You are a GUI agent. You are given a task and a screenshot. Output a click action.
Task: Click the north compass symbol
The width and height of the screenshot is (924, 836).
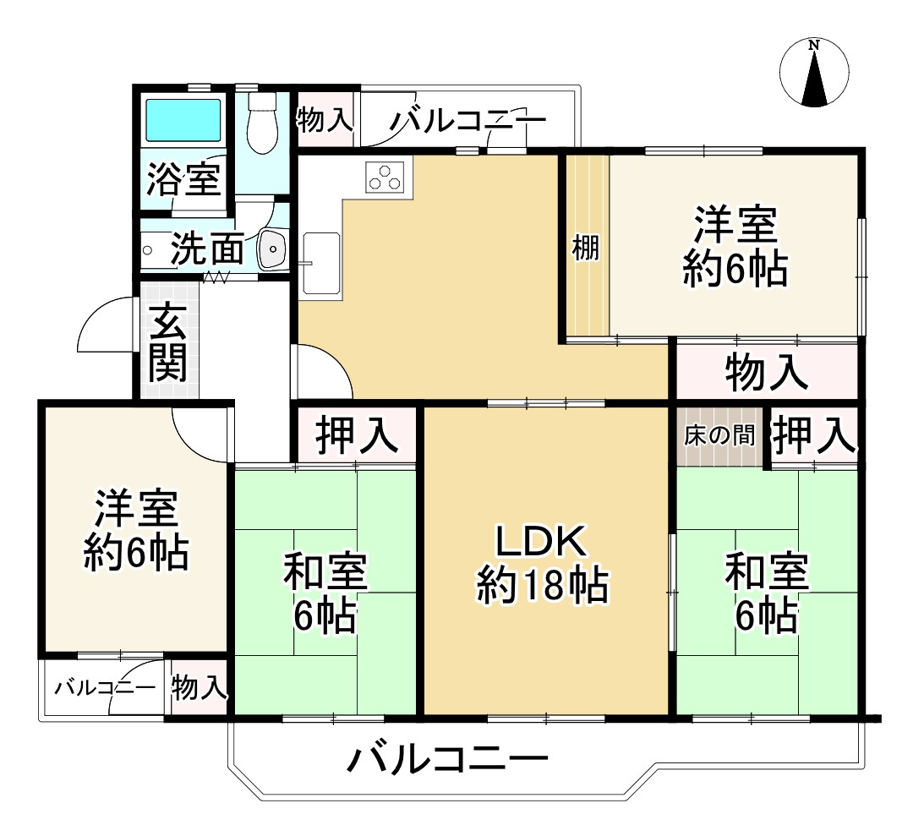click(x=814, y=74)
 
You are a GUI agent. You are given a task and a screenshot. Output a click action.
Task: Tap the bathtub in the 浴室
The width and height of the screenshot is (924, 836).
click(x=183, y=120)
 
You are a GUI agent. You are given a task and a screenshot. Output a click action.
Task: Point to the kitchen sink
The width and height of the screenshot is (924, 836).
click(x=320, y=263)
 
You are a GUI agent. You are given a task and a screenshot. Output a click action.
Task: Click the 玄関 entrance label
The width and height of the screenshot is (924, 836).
click(x=168, y=342)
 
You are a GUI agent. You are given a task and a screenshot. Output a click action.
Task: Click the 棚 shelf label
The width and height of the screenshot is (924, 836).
click(x=586, y=249)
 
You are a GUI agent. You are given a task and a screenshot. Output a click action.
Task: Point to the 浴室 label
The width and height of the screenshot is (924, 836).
click(x=183, y=179)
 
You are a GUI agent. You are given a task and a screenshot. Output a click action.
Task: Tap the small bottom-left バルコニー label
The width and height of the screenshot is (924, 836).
click(x=105, y=687)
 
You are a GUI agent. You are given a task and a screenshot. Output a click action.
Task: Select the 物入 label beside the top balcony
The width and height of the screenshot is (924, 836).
click(x=325, y=120)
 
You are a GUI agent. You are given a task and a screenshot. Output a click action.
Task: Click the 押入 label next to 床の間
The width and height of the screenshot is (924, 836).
click(x=813, y=435)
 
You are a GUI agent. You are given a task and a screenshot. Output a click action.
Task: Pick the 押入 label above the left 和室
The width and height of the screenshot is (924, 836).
click(x=356, y=435)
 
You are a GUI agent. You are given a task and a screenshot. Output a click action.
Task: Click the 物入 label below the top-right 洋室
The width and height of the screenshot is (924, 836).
click(x=766, y=373)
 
